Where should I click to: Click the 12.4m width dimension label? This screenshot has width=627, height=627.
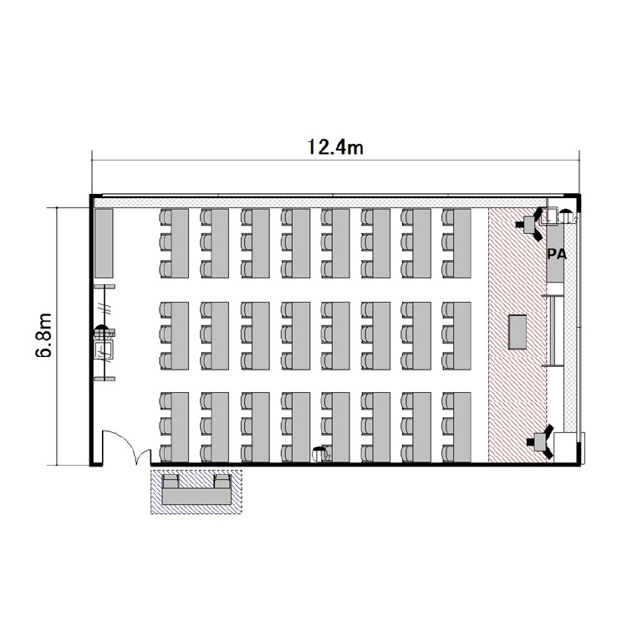click(335, 147)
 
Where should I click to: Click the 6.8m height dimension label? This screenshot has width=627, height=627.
click(43, 335)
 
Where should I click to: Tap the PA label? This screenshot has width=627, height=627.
click(557, 254)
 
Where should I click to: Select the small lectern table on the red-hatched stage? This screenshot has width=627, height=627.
click(517, 332)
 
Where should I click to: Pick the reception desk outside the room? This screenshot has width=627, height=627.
click(196, 496)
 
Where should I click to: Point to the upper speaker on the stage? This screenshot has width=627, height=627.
click(531, 224)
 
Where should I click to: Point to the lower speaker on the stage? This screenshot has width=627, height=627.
click(541, 441)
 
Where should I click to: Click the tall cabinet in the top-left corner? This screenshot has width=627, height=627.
click(104, 243)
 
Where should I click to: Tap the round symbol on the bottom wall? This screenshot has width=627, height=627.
click(319, 454)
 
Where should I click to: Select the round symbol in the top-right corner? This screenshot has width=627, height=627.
click(565, 217)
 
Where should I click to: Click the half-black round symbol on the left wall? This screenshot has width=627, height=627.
click(101, 332)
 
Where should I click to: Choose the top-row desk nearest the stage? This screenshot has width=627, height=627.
click(462, 243)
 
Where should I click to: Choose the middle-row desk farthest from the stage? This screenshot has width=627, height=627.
click(180, 336)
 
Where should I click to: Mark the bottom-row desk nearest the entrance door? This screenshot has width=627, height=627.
click(180, 427)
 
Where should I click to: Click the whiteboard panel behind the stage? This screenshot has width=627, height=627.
click(553, 331)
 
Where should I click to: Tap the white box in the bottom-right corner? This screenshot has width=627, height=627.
click(564, 447)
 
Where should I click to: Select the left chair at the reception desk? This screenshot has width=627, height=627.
click(171, 481)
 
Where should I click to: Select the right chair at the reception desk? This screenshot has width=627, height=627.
click(222, 481)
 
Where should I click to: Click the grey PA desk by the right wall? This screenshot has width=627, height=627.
click(555, 252)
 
